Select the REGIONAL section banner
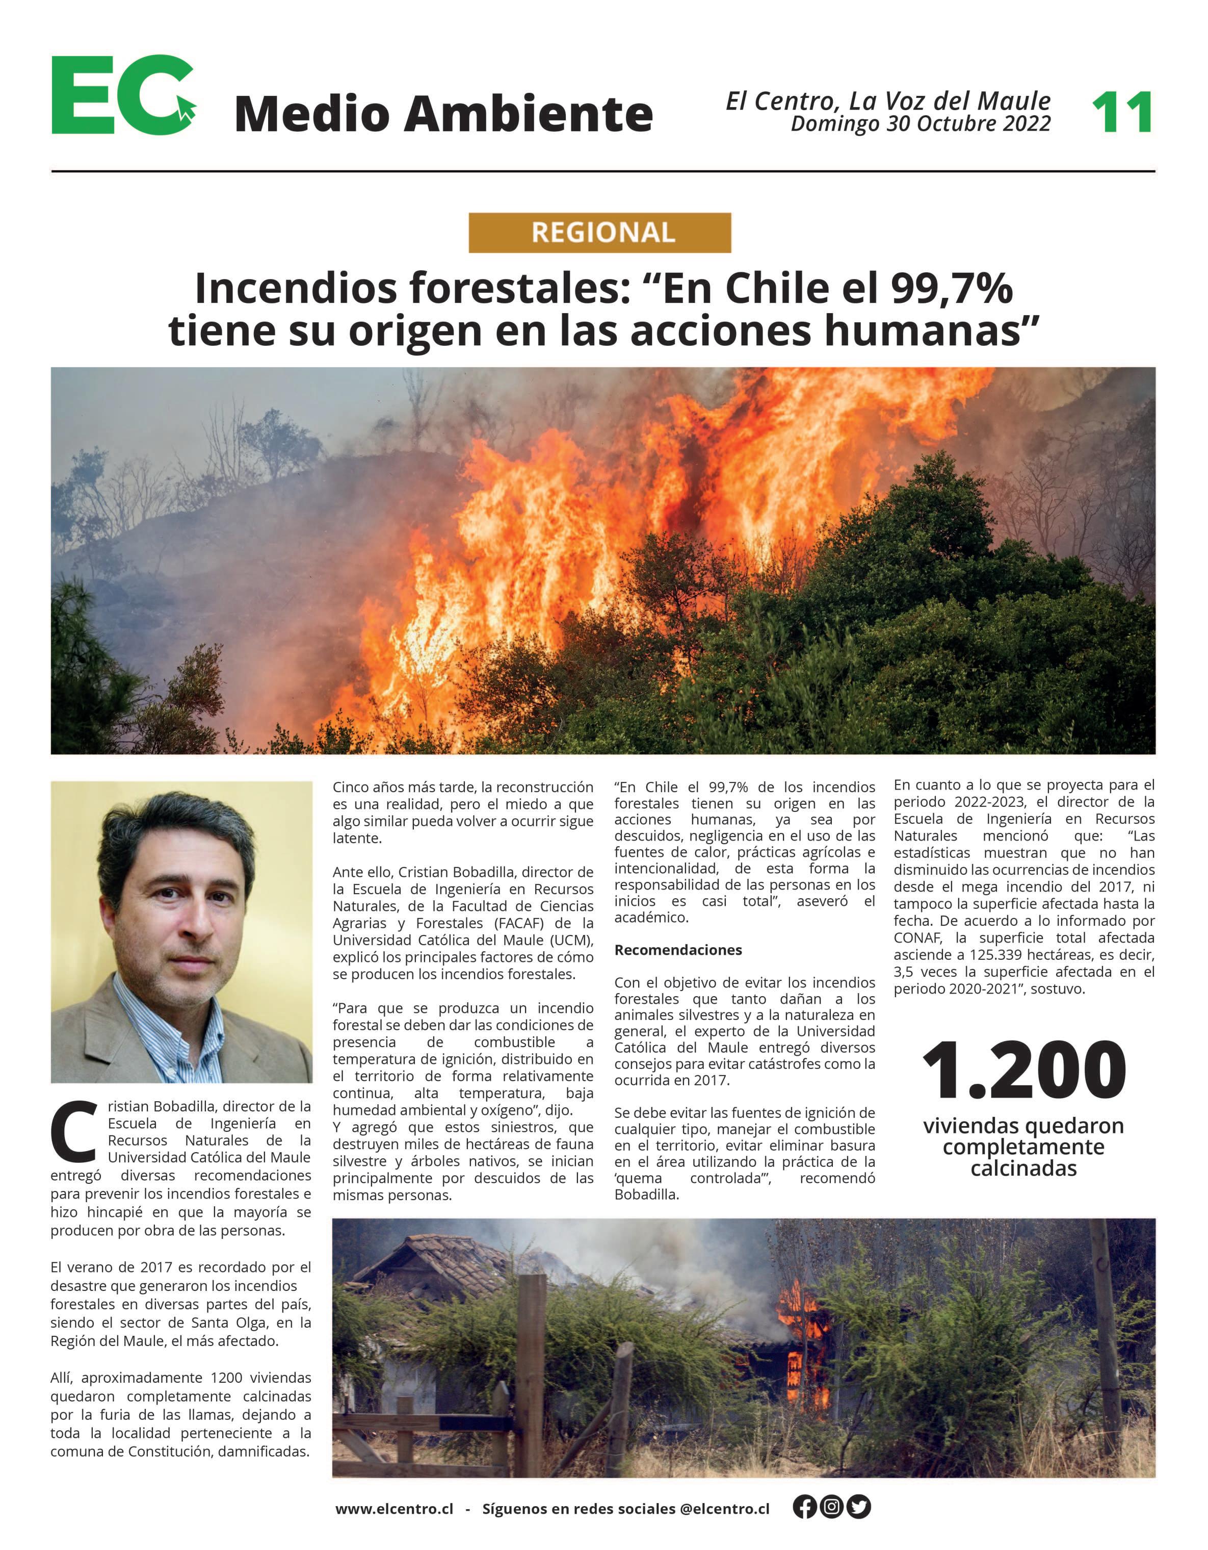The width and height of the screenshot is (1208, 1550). (599, 233)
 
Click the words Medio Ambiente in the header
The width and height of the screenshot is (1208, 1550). (443, 114)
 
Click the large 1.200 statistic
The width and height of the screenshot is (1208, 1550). (1023, 1071)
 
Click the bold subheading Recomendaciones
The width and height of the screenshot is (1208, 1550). (677, 950)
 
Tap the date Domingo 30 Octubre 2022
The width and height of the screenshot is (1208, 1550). (920, 124)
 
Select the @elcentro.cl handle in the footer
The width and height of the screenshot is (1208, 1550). (724, 1509)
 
